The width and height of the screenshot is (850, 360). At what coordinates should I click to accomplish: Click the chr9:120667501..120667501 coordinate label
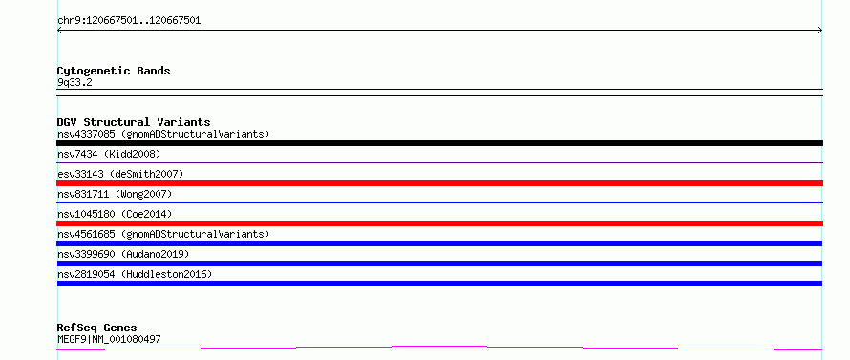click(129, 21)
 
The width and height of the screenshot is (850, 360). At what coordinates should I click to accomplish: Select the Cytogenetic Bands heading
click(114, 71)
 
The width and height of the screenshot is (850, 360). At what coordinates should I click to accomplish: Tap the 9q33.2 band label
click(74, 82)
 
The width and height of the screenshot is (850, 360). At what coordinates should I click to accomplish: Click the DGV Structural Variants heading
click(134, 122)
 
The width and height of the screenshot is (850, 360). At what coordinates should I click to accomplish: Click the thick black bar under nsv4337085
click(439, 143)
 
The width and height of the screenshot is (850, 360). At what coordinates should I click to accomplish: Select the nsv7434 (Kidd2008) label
click(109, 154)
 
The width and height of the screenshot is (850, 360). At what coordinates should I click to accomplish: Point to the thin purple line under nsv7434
click(439, 162)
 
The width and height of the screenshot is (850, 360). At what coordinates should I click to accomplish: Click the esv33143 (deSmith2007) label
click(120, 174)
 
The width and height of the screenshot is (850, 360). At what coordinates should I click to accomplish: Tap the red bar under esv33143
click(439, 183)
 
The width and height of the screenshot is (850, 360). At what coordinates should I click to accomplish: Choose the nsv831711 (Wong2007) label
click(115, 194)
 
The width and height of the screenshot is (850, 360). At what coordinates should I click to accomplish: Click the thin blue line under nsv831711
click(439, 202)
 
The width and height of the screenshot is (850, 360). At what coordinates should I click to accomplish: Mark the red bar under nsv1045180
click(439, 223)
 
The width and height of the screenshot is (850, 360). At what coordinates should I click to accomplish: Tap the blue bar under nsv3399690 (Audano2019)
click(439, 264)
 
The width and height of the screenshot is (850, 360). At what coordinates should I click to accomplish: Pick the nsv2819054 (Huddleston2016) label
click(135, 274)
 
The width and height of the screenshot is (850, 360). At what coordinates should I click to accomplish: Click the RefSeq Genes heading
click(96, 328)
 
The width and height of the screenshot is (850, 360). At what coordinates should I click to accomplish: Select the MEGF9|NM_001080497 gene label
click(109, 339)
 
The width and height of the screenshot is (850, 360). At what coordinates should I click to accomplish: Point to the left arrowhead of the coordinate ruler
click(58, 31)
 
